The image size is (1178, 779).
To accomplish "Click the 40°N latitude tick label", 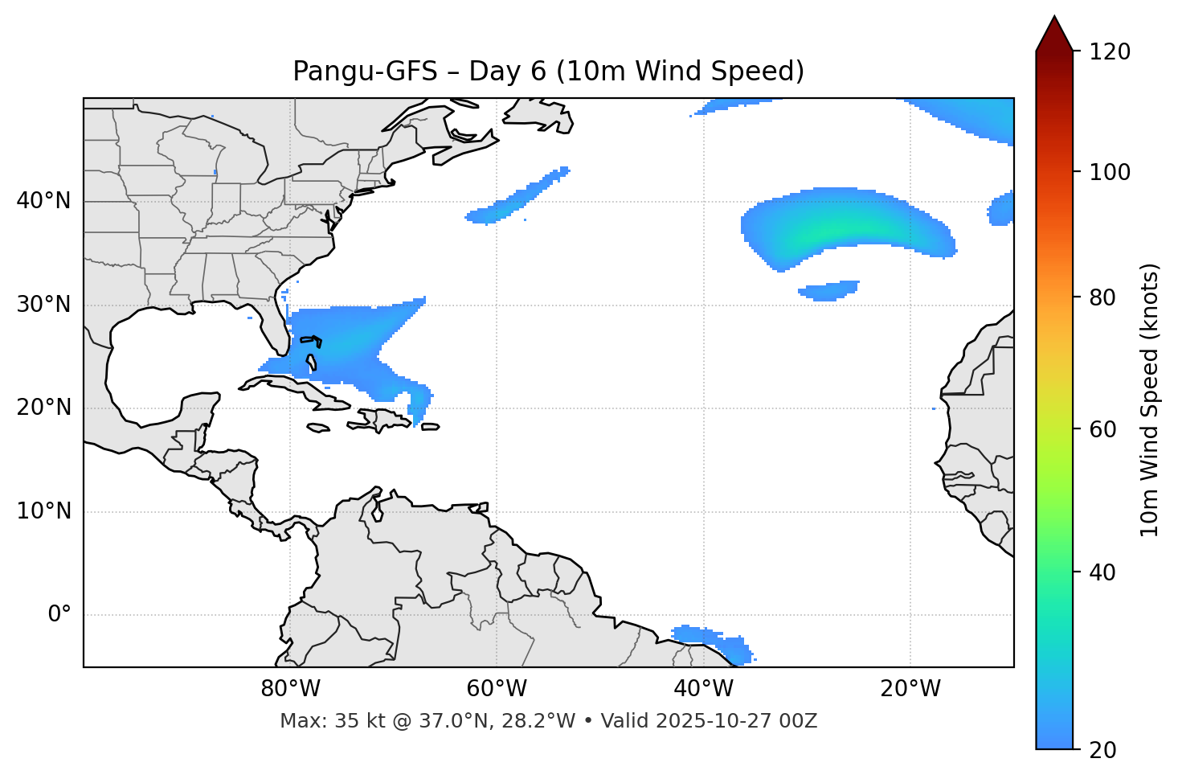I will [43, 201].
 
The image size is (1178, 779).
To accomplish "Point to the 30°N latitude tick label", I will [43, 305].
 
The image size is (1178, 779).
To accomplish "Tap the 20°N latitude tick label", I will [43, 408].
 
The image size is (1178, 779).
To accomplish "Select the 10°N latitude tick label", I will [43, 511].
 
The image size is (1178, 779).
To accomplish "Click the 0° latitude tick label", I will [59, 615].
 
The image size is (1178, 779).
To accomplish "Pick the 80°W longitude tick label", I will [290, 689].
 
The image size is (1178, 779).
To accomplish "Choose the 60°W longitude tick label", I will [497, 689].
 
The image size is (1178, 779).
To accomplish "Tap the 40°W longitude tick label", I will [703, 689].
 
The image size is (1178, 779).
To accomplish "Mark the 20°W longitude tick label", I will [910, 689].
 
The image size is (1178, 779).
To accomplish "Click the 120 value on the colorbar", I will [1109, 52].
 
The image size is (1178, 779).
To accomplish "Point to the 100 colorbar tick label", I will [1109, 173].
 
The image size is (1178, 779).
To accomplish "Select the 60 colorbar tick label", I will [1103, 429].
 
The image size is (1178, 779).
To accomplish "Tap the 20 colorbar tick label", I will [1103, 750].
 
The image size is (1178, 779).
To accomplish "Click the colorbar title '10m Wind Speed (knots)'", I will [1150, 400].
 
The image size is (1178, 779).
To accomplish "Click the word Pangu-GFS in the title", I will [365, 72].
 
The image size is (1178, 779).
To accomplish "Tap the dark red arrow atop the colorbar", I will [1054, 35].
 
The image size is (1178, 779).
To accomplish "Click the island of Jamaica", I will [318, 428].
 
